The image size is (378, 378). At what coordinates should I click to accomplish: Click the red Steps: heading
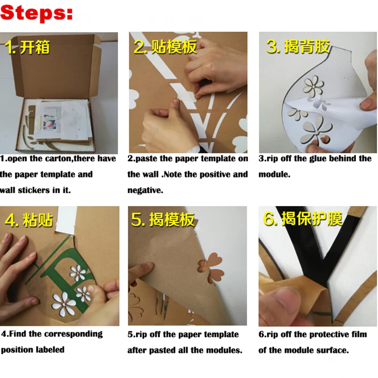point(36,13)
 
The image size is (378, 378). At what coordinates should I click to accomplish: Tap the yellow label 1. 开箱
point(27,47)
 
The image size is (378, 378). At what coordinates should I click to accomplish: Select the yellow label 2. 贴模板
point(165,46)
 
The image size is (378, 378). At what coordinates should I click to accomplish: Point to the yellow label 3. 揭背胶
point(298,46)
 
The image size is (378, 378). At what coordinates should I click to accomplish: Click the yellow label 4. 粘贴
point(29,220)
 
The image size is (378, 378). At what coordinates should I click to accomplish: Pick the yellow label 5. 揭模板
point(163,219)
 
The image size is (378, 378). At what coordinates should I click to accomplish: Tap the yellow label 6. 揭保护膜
point(302,219)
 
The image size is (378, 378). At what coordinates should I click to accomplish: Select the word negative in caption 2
point(145,190)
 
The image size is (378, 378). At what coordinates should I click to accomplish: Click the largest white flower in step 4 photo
point(64,304)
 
